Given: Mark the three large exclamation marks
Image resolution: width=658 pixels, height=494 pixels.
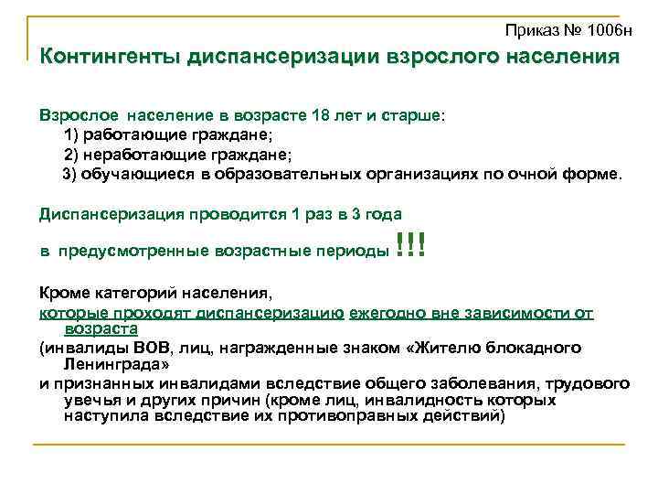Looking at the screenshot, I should [411, 245].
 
